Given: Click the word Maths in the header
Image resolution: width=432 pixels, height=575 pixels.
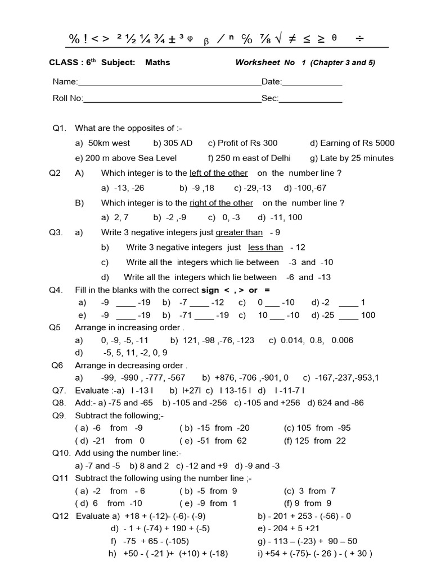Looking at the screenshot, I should click(x=157, y=62).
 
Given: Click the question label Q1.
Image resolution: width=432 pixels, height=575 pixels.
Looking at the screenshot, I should click(x=60, y=129).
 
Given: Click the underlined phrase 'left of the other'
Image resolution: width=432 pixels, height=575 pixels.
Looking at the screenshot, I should click(x=219, y=173).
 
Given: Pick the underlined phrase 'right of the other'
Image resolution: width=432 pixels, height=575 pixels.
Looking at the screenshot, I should click(x=221, y=203).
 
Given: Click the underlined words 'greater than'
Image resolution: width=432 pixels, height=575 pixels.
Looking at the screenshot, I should click(x=239, y=232).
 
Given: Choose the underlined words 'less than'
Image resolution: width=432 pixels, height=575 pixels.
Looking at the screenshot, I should click(x=265, y=247).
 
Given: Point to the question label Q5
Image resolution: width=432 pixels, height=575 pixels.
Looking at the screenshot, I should click(x=55, y=327).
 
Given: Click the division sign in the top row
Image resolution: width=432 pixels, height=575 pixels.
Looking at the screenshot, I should click(x=360, y=38).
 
